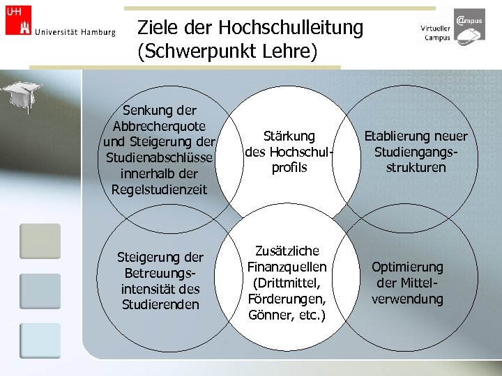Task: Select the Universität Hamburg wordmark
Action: click(75, 31)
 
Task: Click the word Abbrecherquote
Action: click(159, 126)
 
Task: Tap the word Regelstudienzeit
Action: click(159, 189)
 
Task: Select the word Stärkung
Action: click(289, 136)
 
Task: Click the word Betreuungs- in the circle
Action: click(159, 273)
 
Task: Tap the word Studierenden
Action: click(159, 304)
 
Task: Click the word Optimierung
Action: click(407, 267)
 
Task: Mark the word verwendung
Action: click(407, 299)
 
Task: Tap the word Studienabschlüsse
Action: click(160, 158)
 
